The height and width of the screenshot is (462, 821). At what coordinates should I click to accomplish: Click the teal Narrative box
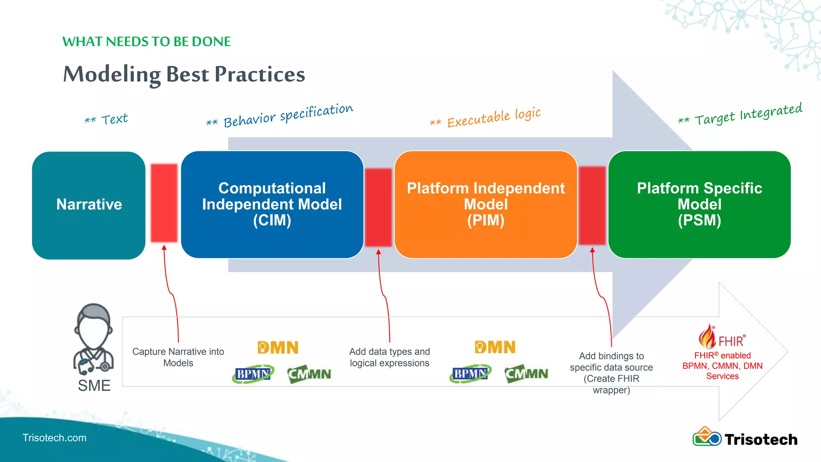89,205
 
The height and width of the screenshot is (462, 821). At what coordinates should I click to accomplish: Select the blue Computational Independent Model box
272,205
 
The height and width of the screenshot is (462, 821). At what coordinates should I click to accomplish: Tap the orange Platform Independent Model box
485,205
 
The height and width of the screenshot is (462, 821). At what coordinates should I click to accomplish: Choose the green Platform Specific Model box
699,205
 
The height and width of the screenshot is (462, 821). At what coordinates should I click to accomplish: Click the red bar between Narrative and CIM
164,203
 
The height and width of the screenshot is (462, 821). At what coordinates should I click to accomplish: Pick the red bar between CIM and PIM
378,207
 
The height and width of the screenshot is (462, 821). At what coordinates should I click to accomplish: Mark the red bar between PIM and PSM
592,205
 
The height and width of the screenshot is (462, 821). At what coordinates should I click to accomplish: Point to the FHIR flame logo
708,337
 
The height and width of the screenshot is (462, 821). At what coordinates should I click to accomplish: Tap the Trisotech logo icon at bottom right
707,437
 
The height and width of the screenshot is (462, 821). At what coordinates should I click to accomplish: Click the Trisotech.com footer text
55,438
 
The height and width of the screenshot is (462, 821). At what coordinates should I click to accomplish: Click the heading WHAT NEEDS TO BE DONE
146,42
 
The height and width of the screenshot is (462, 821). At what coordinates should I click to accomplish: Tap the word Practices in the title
260,75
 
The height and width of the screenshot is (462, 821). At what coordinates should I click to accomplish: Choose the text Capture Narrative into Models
178,357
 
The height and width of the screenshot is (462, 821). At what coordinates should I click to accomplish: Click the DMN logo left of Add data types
278,347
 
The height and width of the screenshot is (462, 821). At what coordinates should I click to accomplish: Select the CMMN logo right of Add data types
526,374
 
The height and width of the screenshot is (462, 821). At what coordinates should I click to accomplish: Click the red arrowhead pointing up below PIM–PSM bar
592,251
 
